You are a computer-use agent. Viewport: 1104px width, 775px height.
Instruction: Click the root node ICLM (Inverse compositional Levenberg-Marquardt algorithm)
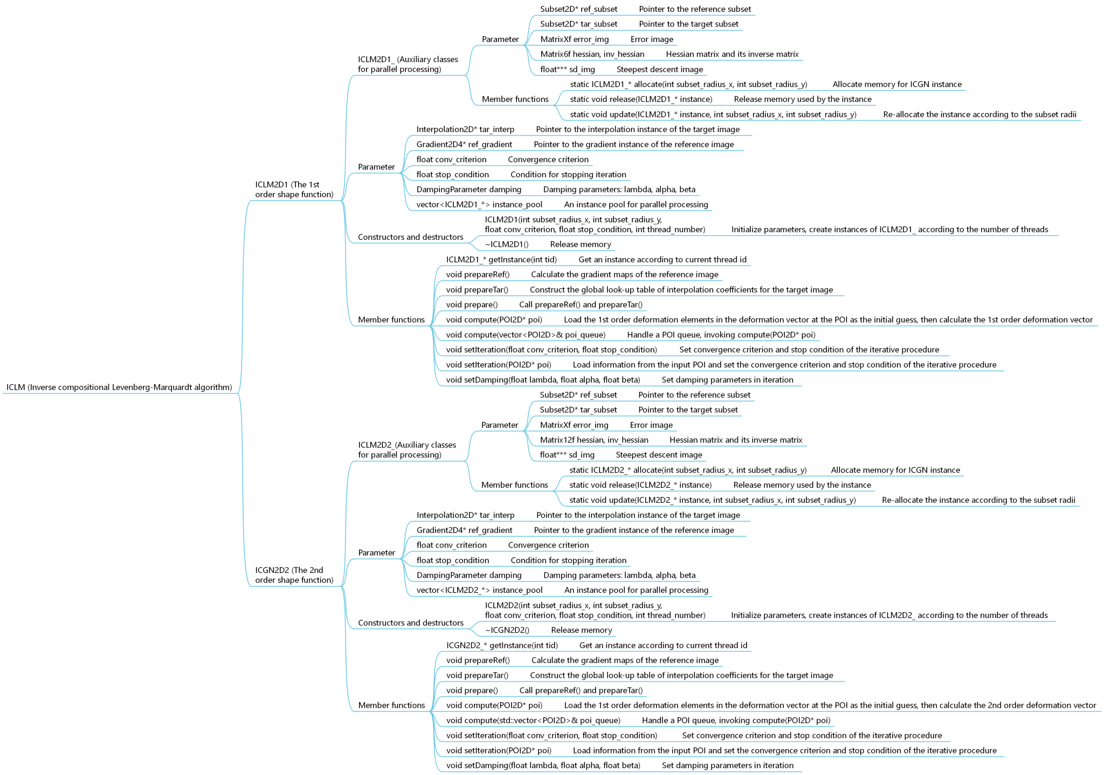[x=119, y=387]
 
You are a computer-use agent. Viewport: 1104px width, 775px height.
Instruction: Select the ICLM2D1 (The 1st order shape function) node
[x=294, y=190]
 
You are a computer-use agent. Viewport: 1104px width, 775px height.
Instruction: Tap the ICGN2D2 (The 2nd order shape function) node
[x=294, y=575]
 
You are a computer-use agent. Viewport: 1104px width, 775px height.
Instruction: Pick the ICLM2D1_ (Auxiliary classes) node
[x=408, y=64]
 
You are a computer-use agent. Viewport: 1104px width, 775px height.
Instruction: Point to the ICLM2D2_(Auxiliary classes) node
[x=407, y=449]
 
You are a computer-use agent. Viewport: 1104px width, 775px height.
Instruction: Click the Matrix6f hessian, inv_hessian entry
[x=592, y=54]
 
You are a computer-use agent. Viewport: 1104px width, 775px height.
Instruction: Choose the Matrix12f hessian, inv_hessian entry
[x=594, y=440]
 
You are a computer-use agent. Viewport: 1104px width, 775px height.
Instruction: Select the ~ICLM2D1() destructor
[x=506, y=244]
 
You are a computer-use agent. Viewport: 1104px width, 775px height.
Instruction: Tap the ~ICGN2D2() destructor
[x=507, y=630]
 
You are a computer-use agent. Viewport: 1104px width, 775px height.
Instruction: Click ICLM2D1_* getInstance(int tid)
[x=501, y=259]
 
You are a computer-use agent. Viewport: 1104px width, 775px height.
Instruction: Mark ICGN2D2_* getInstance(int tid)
[x=502, y=645]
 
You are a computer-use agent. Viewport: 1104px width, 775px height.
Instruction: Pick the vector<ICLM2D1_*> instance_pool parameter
[x=479, y=204]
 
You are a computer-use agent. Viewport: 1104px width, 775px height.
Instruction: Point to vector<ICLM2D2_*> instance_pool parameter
[x=479, y=590]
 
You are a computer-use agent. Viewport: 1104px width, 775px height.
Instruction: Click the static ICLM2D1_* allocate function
[x=688, y=84]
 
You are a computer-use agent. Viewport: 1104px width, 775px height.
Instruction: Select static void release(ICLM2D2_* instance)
[x=640, y=485]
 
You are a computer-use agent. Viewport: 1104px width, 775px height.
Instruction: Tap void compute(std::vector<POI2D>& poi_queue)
[x=533, y=720]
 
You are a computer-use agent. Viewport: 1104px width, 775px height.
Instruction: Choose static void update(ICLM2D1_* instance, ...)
[x=713, y=114]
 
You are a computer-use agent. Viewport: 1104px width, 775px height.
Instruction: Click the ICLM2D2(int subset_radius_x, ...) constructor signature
[x=595, y=610]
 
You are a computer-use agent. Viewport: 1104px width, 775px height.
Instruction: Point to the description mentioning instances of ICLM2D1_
[x=889, y=229]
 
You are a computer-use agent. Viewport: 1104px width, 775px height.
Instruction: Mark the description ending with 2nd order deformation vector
[x=830, y=705]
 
